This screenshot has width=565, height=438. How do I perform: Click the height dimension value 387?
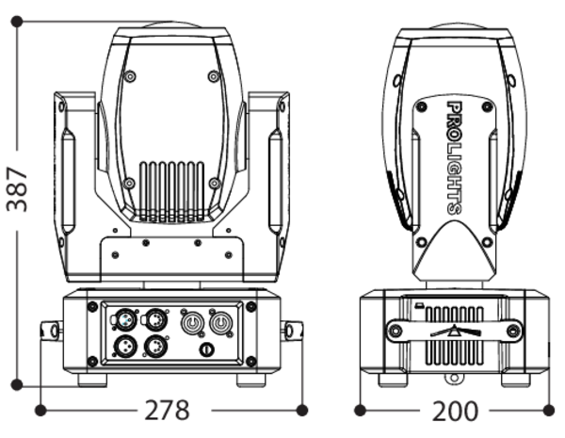(x=17, y=189)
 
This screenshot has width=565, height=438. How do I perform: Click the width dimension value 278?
(x=167, y=410)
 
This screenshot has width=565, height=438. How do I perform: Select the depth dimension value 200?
(x=455, y=411)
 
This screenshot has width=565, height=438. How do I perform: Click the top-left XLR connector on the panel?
(x=124, y=319)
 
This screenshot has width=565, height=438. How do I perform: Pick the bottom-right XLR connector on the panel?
(x=155, y=347)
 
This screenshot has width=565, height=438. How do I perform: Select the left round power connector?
(x=192, y=322)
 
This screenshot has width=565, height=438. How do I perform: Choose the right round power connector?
(x=221, y=323)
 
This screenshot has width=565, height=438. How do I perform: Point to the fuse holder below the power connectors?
(x=206, y=349)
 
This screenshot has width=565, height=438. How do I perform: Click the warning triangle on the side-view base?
(x=455, y=331)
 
